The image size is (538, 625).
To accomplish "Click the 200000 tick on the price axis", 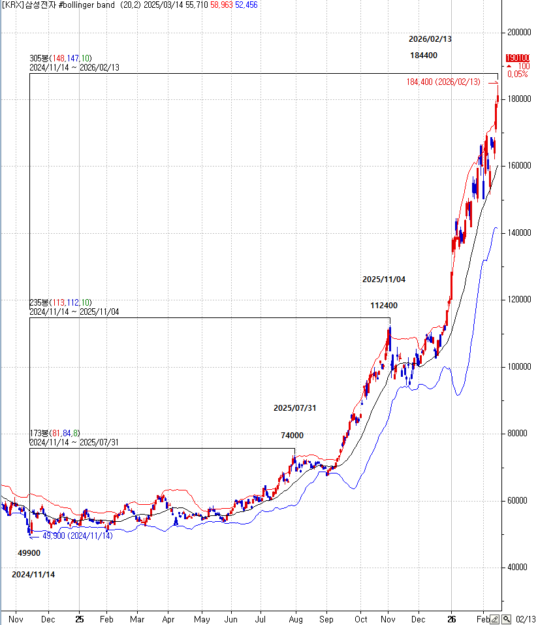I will [519, 31].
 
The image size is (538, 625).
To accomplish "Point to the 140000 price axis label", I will [519, 232].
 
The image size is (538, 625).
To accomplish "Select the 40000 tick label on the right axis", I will [517, 567].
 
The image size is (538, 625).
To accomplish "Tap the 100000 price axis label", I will [519, 366].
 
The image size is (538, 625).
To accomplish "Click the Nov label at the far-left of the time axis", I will [16, 618].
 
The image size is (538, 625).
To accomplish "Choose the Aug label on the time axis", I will [296, 618].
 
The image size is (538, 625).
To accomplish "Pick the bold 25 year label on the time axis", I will [79, 618].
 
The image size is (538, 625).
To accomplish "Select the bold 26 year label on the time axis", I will [451, 618].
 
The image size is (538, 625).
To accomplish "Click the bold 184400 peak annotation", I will [424, 56].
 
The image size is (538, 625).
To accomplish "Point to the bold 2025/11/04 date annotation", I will [384, 280].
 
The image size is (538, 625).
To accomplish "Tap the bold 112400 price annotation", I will [384, 305].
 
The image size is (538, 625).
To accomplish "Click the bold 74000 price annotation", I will [292, 436].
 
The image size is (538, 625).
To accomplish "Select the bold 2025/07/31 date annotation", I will [294, 408].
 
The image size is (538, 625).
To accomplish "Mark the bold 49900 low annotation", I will [29, 553].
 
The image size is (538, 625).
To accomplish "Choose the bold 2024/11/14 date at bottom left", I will [33, 575].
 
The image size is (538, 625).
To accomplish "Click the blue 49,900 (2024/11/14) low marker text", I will [77, 536].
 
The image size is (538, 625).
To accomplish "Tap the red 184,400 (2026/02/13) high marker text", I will [443, 82].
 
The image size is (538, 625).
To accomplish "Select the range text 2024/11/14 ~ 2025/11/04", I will [74, 312].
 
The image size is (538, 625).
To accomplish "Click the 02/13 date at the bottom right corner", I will [526, 618].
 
